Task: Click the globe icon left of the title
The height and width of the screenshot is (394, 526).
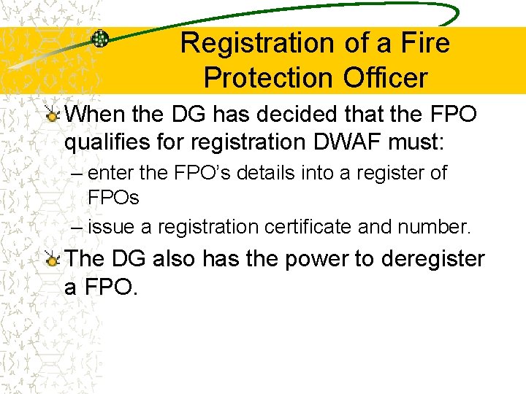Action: tap(100, 39)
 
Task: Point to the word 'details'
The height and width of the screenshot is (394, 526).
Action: tap(245, 173)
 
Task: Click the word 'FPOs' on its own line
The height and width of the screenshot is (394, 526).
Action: tap(113, 198)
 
